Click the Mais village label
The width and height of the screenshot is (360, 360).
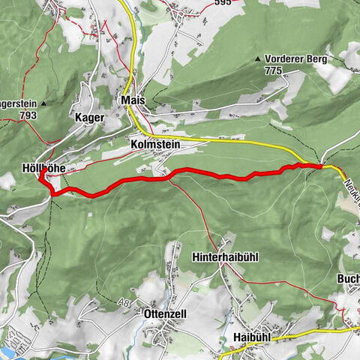coord(131,100)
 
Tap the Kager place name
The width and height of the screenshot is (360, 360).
coord(88,118)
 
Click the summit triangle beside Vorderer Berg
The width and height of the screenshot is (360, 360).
coord(258,58)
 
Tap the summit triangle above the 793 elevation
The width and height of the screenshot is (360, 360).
coord(44,103)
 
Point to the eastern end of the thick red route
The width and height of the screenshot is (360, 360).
coord(321,166)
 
